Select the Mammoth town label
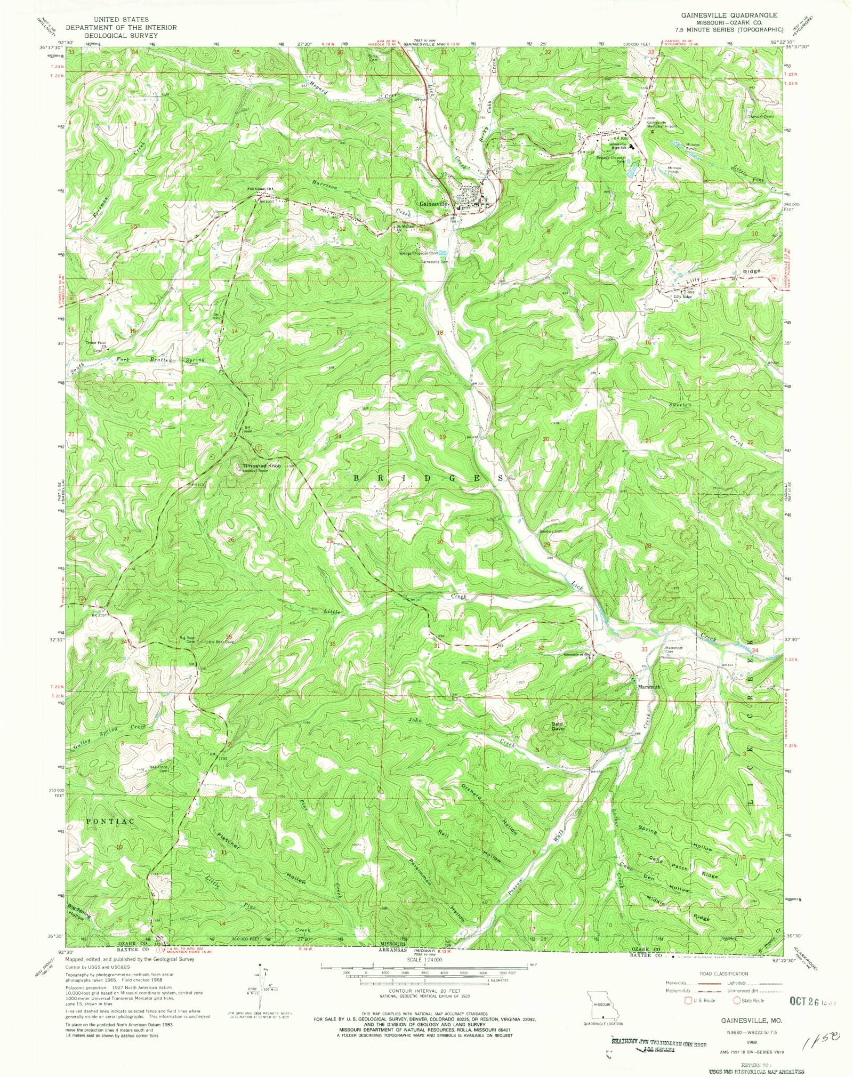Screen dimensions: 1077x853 pyautogui.click(x=649, y=687)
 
